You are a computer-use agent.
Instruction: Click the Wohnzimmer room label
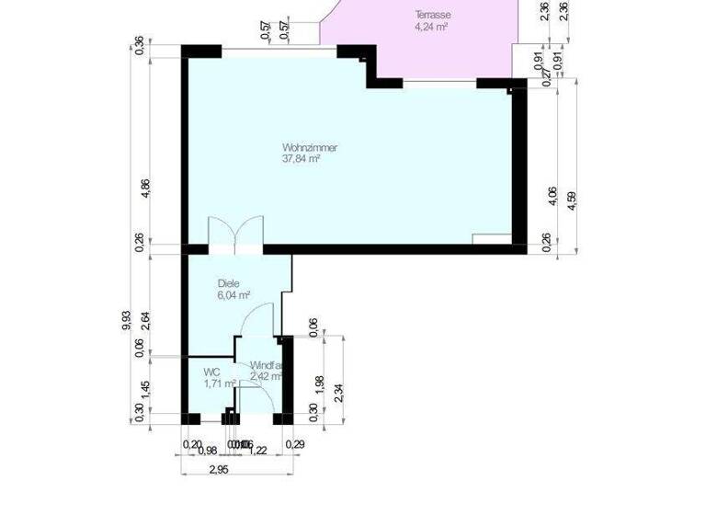[x=309, y=147]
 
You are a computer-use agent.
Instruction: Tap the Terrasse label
[x=431, y=16]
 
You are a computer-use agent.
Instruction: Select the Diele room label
[x=228, y=284]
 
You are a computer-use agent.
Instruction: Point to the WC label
[x=211, y=372]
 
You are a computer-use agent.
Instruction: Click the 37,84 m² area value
[x=301, y=159]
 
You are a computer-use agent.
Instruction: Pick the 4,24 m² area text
[x=431, y=27]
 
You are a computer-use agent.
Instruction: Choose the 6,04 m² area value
[x=234, y=296]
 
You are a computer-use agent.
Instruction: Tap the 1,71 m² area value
[x=220, y=383]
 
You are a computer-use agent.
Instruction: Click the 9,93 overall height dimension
[x=126, y=318]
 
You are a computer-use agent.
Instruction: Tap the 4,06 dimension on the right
[x=551, y=198]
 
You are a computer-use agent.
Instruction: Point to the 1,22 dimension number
[x=258, y=450]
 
